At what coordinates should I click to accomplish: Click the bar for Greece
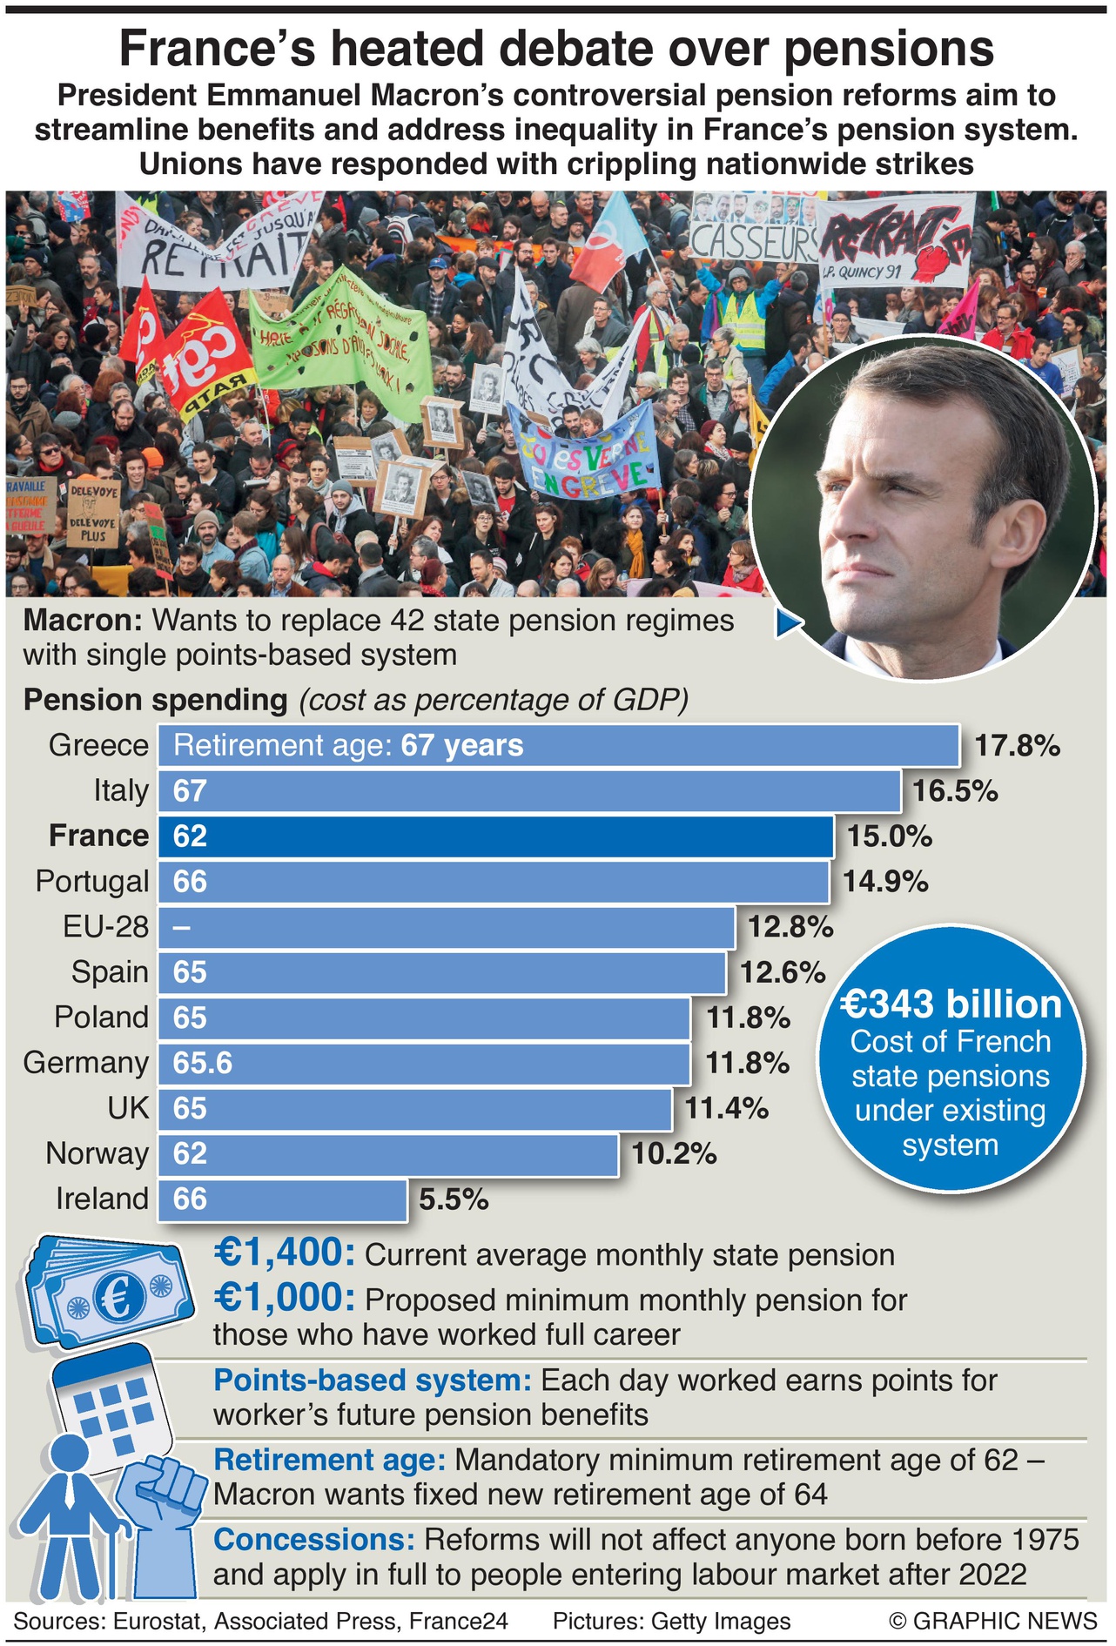(557, 746)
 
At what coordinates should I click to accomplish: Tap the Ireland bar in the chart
(282, 1199)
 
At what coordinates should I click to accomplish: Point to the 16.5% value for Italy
(955, 791)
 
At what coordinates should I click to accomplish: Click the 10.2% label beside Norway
(674, 1154)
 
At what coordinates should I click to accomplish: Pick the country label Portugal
(92, 882)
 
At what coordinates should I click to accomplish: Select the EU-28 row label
(106, 927)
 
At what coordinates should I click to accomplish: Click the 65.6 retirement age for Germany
(203, 1064)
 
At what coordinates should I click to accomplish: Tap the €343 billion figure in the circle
(951, 1004)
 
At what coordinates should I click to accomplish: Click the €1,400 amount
(284, 1253)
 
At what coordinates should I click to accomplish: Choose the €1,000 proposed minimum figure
(284, 1298)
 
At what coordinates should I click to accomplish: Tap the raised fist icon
(165, 1488)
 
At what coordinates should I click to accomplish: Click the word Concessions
(313, 1540)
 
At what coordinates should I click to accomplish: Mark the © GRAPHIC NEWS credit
(992, 1621)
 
